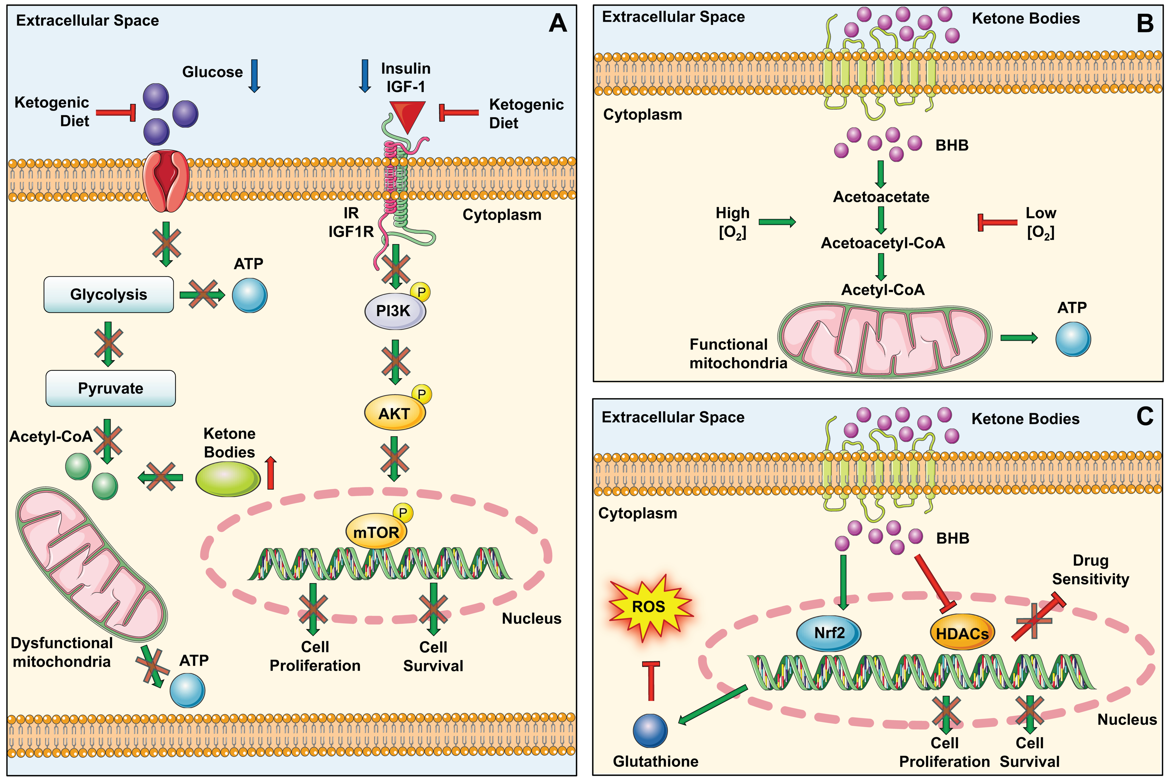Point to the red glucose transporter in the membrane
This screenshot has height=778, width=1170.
point(166,181)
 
